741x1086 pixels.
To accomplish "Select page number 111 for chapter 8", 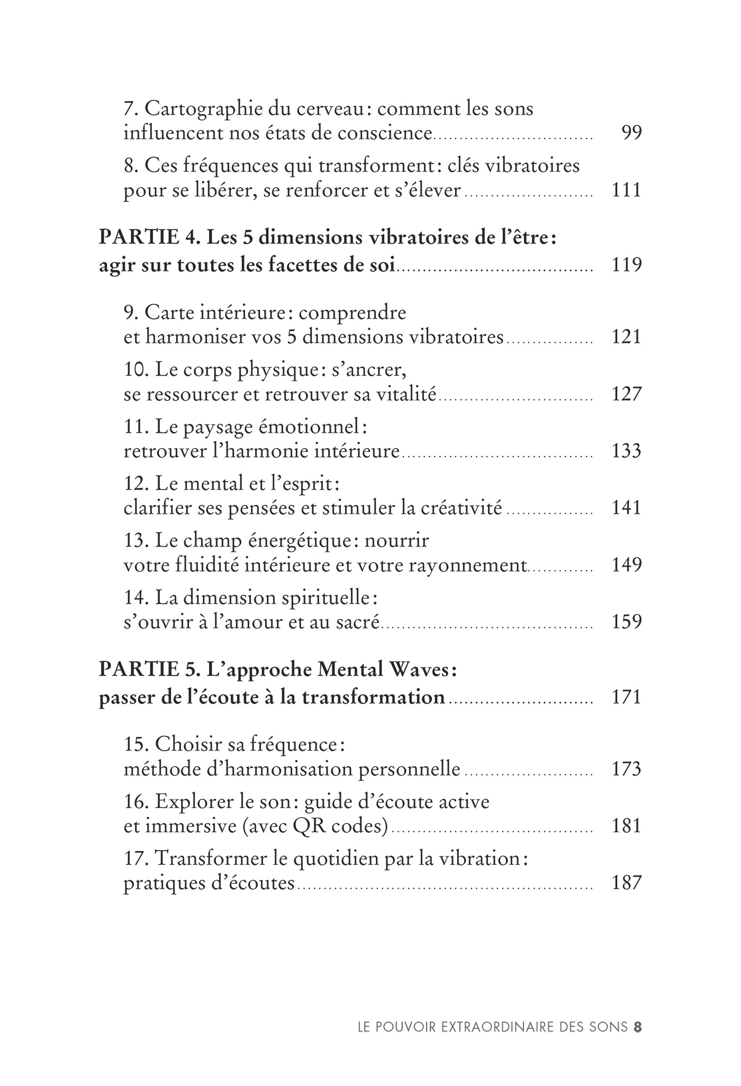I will (626, 189).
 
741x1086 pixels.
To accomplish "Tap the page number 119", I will (626, 264).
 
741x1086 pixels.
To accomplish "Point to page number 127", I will (626, 394).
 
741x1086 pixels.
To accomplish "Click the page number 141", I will (626, 508).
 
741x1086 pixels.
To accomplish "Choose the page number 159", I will (626, 622).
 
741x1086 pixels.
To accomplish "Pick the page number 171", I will (626, 697).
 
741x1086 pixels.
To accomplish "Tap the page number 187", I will (626, 883).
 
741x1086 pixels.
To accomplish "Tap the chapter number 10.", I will (137, 369).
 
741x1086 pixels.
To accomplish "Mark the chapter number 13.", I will (137, 541).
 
